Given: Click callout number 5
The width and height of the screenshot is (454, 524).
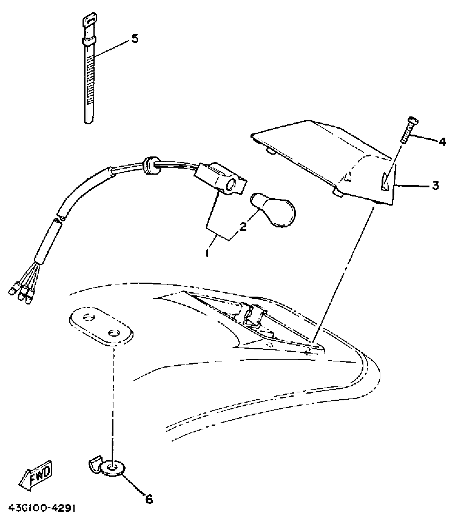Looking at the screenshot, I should (135, 39).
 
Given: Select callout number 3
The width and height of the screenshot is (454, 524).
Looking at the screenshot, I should (435, 185).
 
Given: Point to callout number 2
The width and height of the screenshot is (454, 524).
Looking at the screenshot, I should (243, 226).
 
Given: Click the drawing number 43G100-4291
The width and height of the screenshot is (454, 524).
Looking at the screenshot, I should (42, 515).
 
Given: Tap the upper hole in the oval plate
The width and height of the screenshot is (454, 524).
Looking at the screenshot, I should (89, 318).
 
